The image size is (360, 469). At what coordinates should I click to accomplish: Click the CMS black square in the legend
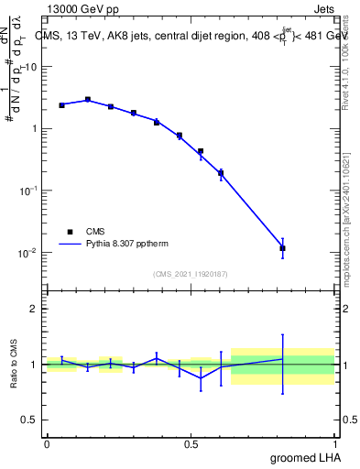coord(70,232)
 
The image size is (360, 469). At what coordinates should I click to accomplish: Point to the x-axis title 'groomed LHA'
coord(303,457)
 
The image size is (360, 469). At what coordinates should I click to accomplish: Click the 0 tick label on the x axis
coord(47,444)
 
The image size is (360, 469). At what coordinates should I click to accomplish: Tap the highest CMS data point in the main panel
coord(88,100)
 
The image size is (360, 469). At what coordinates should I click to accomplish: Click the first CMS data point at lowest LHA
coord(61,105)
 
